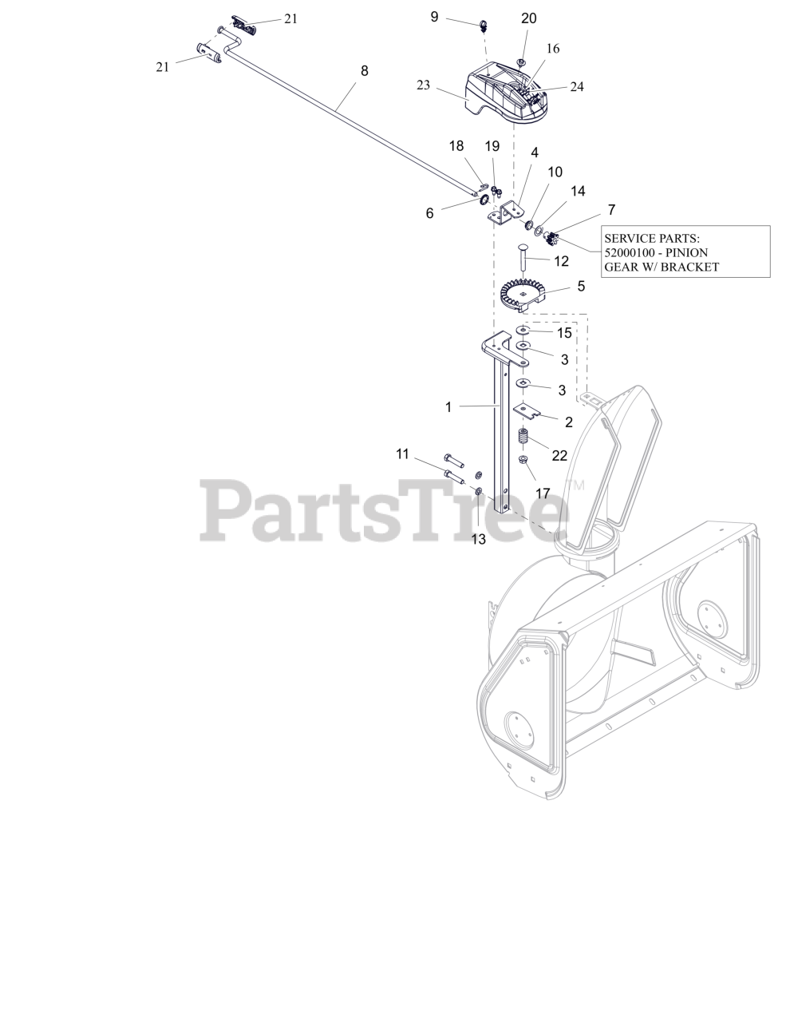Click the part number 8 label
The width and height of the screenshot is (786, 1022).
click(x=365, y=71)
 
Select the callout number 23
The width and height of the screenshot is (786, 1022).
click(x=423, y=85)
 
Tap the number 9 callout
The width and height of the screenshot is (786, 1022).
click(x=434, y=16)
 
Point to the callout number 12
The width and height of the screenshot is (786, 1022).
click(x=561, y=260)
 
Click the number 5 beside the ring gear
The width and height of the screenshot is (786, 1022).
click(x=581, y=285)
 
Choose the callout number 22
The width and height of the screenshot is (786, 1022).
click(x=559, y=455)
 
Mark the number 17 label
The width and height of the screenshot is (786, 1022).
click(x=543, y=493)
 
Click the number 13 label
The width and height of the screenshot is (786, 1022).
click(x=478, y=539)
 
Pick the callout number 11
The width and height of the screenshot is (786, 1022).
click(x=402, y=454)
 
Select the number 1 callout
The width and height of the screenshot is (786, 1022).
click(x=448, y=407)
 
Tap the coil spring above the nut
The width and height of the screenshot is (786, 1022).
click(x=523, y=439)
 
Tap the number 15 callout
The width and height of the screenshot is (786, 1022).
click(x=564, y=333)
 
